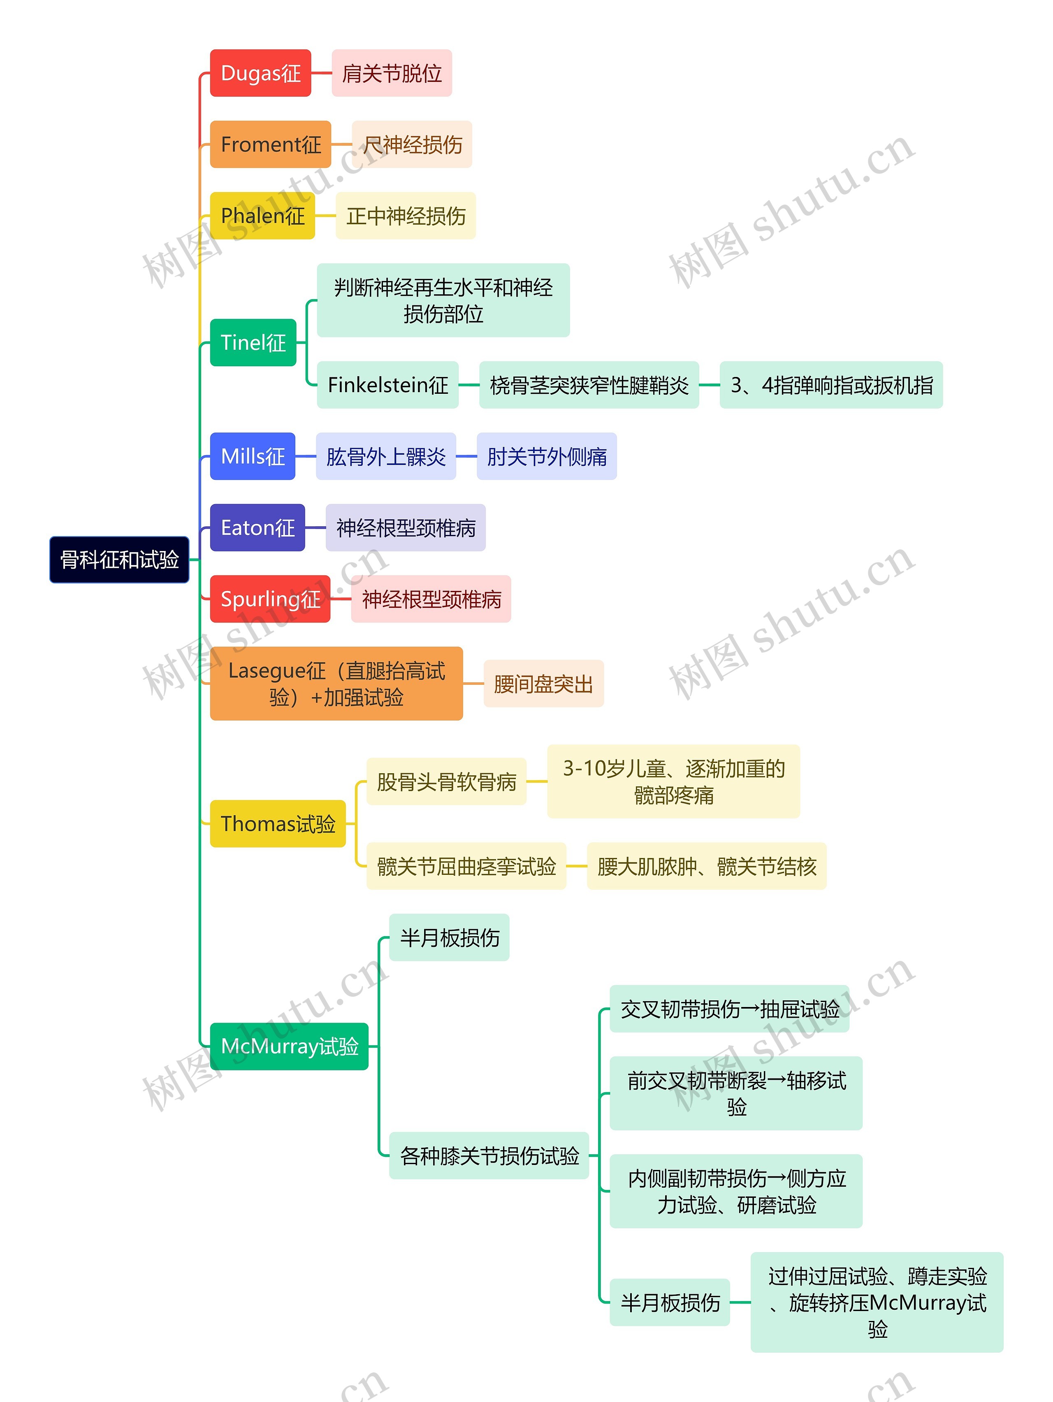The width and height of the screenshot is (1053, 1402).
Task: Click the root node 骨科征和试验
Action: pyautogui.click(x=119, y=560)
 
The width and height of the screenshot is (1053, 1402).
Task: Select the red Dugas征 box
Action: pyautogui.click(x=260, y=73)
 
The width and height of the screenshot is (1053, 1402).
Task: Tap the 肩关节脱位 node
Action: pyautogui.click(x=392, y=73)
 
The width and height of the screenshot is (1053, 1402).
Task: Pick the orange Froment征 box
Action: pyautogui.click(x=271, y=144)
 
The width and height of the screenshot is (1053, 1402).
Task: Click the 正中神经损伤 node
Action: pyautogui.click(x=406, y=216)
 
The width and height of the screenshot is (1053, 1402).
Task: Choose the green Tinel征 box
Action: pyautogui.click(x=253, y=343)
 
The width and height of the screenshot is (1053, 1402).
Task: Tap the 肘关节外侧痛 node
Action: pyautogui.click(x=546, y=456)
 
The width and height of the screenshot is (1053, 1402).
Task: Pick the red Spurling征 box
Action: pyautogui.click(x=270, y=599)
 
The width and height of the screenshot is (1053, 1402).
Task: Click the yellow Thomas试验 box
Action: pyautogui.click(x=278, y=824)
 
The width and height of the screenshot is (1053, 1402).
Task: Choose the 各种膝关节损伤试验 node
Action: pyautogui.click(x=489, y=1156)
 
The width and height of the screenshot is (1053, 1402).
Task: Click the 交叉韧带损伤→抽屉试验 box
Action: pyautogui.click(x=729, y=1009)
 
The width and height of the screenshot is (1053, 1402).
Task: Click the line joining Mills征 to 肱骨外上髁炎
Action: pyautogui.click(x=305, y=456)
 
